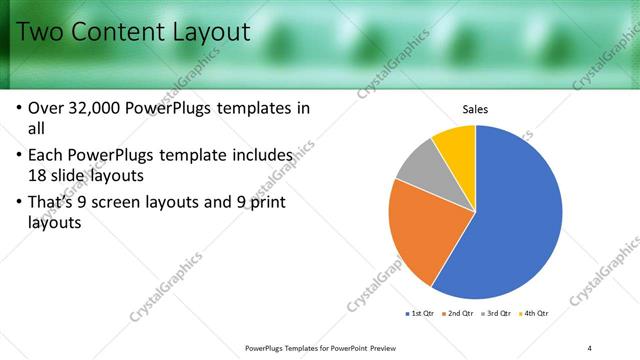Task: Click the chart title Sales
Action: tap(474, 110)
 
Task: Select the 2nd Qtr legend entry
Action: tap(457, 314)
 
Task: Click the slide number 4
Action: tap(589, 348)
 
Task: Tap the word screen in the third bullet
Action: tap(132, 205)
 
